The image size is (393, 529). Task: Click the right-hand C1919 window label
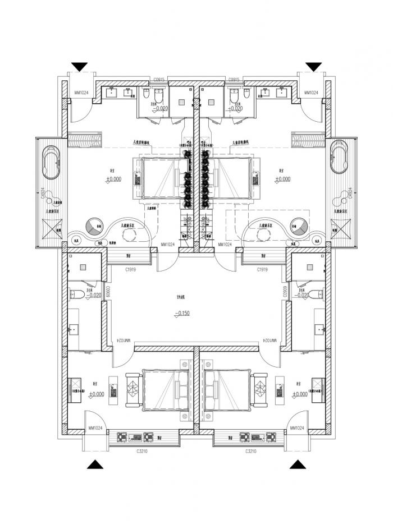(x=262, y=270)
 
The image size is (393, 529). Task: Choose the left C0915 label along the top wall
(x=159, y=80)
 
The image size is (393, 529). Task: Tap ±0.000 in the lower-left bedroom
(x=97, y=394)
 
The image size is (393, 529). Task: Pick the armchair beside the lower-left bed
(x=134, y=387)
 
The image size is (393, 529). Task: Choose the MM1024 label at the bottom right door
(x=298, y=429)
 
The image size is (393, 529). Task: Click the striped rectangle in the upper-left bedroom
(x=84, y=140)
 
